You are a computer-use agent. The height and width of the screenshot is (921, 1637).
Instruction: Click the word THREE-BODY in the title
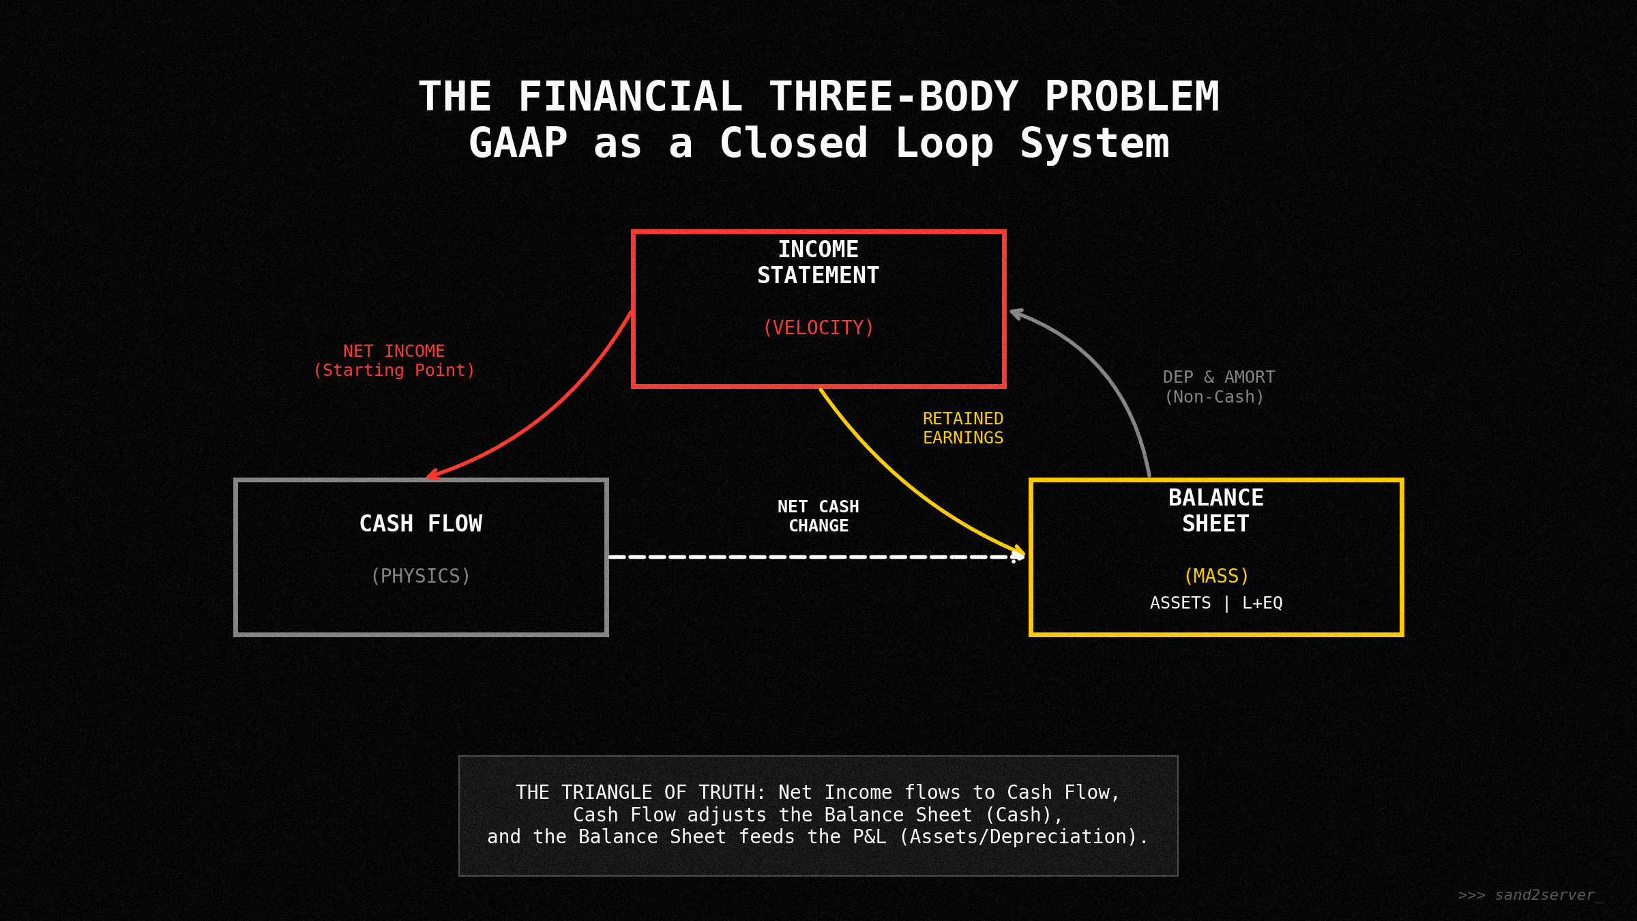pos(894,97)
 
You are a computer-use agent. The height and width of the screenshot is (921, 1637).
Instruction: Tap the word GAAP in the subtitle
pos(518,144)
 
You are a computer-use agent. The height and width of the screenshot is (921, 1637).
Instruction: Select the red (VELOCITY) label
pos(818,328)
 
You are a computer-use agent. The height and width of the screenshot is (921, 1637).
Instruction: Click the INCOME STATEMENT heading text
pos(818,263)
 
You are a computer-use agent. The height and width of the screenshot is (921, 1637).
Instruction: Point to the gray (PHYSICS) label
pos(421,576)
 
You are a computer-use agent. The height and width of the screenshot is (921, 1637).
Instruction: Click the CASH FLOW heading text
pos(421,524)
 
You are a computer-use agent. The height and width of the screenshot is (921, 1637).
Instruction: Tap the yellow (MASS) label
pos(1216,576)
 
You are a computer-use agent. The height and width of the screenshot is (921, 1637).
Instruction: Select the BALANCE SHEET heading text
pos(1216,511)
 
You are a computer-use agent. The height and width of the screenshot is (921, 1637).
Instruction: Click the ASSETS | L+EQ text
pos(1216,603)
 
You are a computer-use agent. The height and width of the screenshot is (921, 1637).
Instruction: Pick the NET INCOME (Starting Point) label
pos(394,361)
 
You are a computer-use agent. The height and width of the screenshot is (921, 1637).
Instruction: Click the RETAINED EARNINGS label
pos(963,428)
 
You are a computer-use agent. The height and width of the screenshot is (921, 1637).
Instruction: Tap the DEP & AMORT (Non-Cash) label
pos(1218,387)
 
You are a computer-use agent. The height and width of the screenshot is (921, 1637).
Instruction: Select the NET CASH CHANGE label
pos(818,516)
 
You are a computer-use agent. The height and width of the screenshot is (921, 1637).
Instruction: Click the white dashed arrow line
pos(812,557)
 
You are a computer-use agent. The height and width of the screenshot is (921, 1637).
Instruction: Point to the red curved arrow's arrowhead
pos(432,475)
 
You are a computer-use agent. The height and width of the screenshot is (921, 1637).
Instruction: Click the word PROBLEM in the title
pos(1132,97)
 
